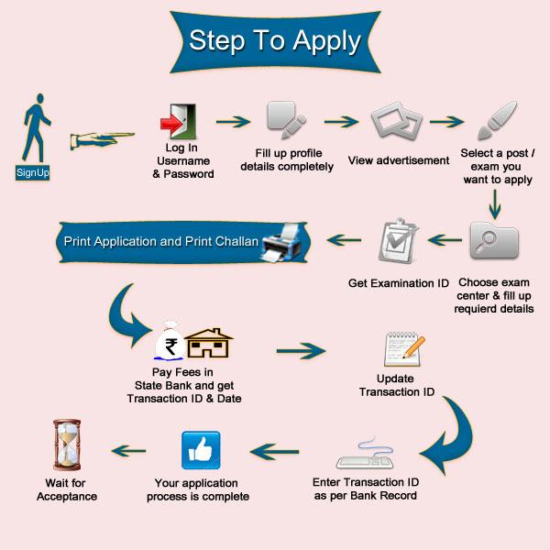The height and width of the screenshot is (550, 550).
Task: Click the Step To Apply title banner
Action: [275, 41]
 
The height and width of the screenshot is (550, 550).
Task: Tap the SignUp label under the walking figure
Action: [32, 172]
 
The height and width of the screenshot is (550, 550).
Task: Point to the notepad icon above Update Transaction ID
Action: [401, 348]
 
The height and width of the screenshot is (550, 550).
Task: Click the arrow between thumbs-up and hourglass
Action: [127, 450]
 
